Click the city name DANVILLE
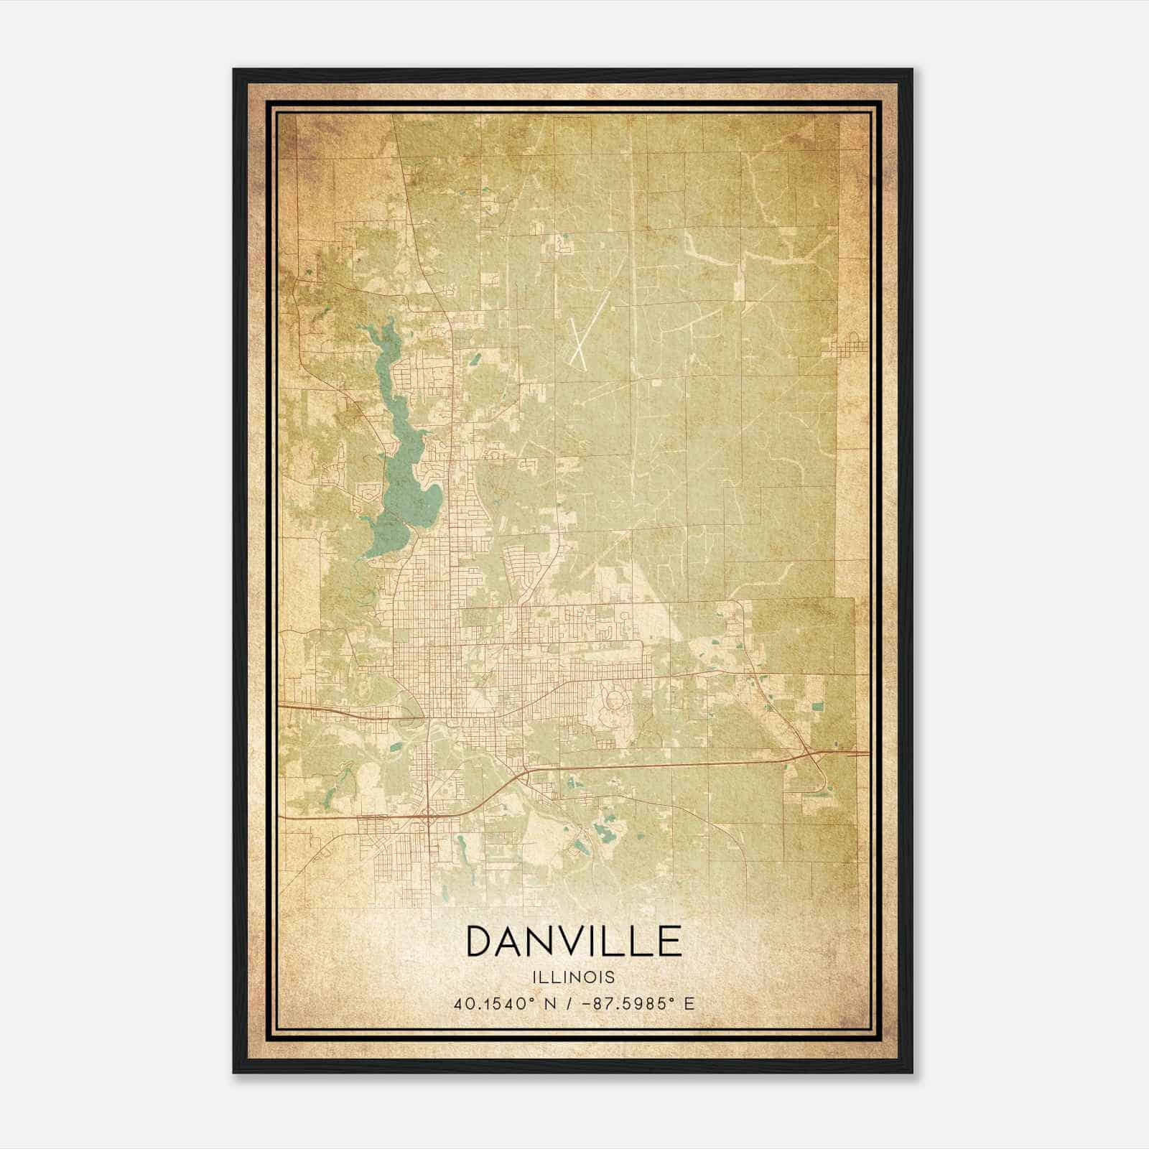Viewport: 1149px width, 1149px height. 574,941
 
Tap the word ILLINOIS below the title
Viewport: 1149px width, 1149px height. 574,977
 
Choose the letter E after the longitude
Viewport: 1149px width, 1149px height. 689,1004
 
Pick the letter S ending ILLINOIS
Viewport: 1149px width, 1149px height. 610,977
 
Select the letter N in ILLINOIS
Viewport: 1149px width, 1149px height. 570,977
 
